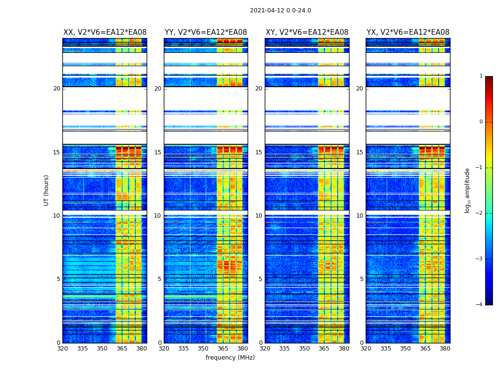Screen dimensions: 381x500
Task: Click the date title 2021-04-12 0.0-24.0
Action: (x=280, y=10)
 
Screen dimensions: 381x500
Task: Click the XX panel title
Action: (x=105, y=32)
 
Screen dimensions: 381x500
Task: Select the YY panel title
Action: (x=206, y=32)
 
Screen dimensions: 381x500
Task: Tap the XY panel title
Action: (x=307, y=32)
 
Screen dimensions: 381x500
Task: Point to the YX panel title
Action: (x=408, y=32)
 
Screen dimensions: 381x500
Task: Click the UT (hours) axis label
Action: (x=47, y=190)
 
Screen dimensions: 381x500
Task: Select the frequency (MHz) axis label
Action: (x=230, y=358)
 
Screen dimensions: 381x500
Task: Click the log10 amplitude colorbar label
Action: (x=468, y=190)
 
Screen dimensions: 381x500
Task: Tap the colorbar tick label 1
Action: (x=481, y=76)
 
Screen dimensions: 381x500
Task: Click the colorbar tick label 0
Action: (x=481, y=122)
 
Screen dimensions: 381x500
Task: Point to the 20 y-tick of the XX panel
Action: (x=57, y=89)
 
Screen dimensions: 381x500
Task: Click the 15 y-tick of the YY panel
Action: (x=158, y=152)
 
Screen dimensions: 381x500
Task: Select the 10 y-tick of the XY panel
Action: (x=259, y=216)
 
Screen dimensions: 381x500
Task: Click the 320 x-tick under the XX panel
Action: (x=62, y=349)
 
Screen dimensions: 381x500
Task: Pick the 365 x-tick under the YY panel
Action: (x=223, y=349)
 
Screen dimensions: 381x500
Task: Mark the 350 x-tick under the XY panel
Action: (x=304, y=349)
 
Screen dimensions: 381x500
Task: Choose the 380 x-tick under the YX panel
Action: (x=445, y=349)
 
